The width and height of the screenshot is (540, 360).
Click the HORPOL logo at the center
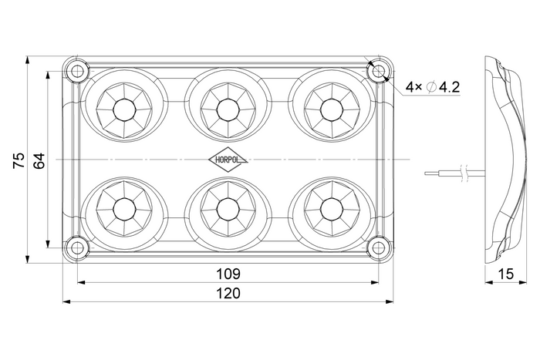pos(228,160)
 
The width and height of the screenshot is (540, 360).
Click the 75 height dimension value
pos(19,160)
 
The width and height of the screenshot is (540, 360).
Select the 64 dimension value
pos(39,160)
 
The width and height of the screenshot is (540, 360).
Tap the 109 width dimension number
pos(228,274)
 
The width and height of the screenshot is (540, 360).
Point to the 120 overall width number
pos(228,293)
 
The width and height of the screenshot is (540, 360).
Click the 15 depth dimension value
pos(505,274)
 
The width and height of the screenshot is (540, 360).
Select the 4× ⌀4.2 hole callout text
pos(433,87)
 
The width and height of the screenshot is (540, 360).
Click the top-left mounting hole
pos(77,72)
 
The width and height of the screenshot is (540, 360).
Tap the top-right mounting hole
pos(379,72)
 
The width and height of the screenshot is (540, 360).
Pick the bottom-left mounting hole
pos(77,247)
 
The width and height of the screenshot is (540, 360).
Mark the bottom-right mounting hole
pos(379,247)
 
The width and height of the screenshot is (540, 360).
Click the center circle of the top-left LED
pos(124,110)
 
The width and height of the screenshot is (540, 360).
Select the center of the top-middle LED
pos(228,110)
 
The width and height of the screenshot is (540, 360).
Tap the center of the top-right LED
pos(331,110)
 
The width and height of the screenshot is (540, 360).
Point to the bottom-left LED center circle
pos(124,209)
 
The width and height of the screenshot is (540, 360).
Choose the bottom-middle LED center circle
pos(228,209)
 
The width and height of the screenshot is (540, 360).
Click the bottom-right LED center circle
pos(331,209)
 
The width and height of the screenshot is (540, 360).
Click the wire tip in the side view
pos(425,173)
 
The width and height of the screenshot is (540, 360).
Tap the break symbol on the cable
pos(464,173)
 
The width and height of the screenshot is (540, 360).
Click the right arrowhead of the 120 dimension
pos(390,302)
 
